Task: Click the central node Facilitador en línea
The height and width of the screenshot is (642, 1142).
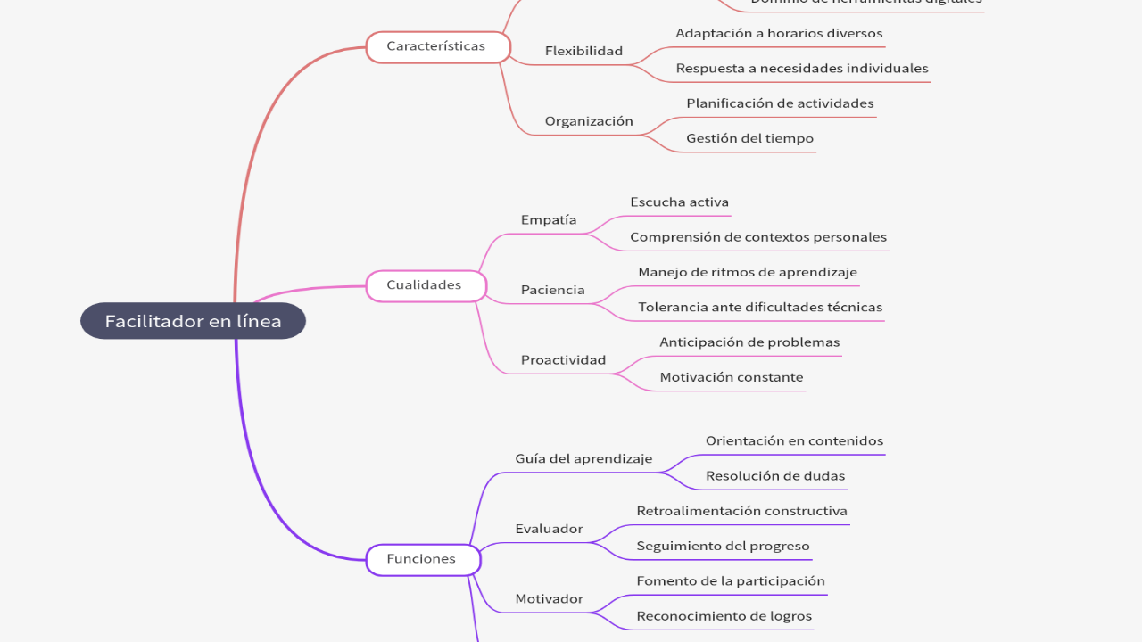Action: click(x=193, y=321)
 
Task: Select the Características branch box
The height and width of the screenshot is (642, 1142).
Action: click(x=437, y=46)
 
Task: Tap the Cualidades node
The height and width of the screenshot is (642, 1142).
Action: click(x=425, y=285)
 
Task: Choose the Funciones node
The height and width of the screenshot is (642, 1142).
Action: click(x=422, y=559)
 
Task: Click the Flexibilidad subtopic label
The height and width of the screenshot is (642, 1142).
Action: click(x=583, y=51)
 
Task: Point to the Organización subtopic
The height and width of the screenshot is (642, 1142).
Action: click(x=589, y=121)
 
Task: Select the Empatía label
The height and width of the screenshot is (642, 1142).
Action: click(x=549, y=220)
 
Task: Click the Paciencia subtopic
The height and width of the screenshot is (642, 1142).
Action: click(x=553, y=290)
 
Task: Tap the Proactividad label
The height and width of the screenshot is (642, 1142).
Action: click(x=563, y=360)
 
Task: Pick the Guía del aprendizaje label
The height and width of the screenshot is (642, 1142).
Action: click(x=583, y=459)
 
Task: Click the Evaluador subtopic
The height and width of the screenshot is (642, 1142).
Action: click(x=549, y=529)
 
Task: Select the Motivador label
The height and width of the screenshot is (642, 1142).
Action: click(x=549, y=599)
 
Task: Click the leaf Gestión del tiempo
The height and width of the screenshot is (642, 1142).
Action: click(x=749, y=138)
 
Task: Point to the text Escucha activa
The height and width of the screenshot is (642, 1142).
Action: click(x=679, y=202)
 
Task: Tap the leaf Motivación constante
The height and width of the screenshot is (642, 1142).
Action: click(x=731, y=377)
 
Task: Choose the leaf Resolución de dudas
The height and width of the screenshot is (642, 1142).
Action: click(x=774, y=476)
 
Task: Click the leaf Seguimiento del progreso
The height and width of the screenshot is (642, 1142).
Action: click(x=723, y=546)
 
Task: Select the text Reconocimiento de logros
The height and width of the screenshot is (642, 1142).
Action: click(x=724, y=616)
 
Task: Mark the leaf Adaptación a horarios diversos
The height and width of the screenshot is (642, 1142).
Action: click(x=779, y=33)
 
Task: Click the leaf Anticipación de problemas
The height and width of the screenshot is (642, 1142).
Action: click(x=749, y=342)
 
